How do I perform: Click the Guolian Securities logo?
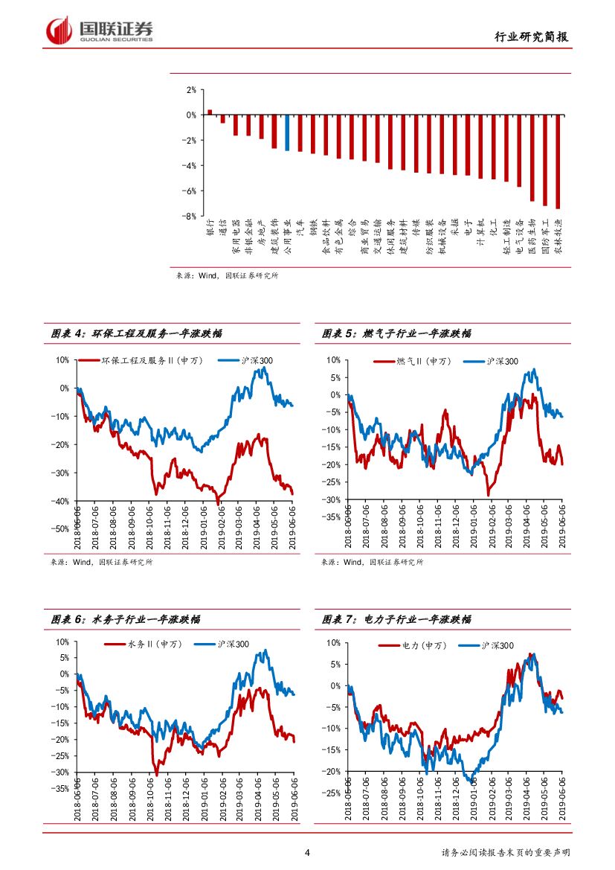[x=100, y=31]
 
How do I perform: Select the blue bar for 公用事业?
[x=287, y=132]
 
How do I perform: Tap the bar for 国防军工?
[x=545, y=160]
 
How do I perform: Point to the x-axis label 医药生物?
[x=532, y=237]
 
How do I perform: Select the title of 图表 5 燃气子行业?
[x=396, y=334]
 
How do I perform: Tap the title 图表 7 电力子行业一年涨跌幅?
[x=396, y=619]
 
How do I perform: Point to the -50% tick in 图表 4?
[x=59, y=529]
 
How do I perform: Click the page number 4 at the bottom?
[x=308, y=853]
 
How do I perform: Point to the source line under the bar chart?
[x=227, y=275]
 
